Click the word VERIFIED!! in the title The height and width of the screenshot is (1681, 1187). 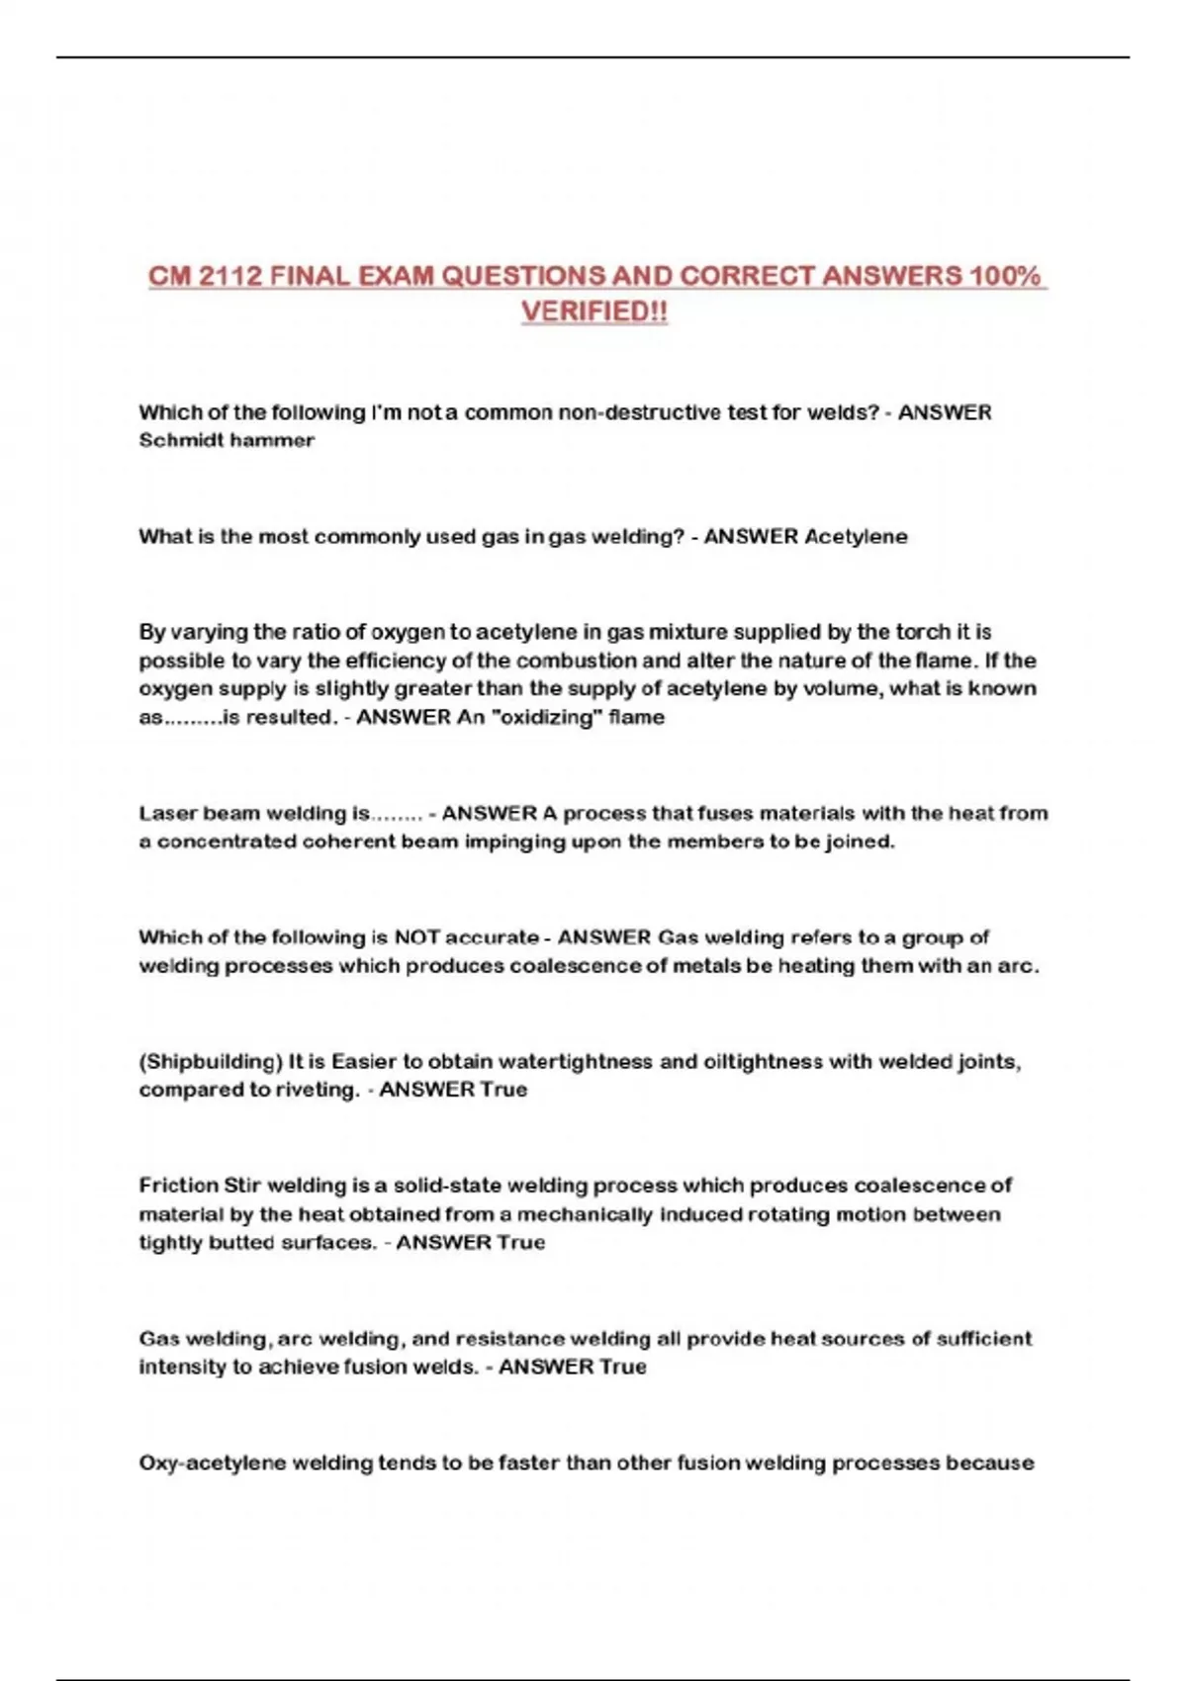(594, 311)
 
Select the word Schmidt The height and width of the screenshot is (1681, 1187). (178, 441)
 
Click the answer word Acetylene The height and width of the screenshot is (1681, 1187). (856, 537)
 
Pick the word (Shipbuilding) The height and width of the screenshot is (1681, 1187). (211, 1062)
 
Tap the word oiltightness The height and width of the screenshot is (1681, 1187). (763, 1062)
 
